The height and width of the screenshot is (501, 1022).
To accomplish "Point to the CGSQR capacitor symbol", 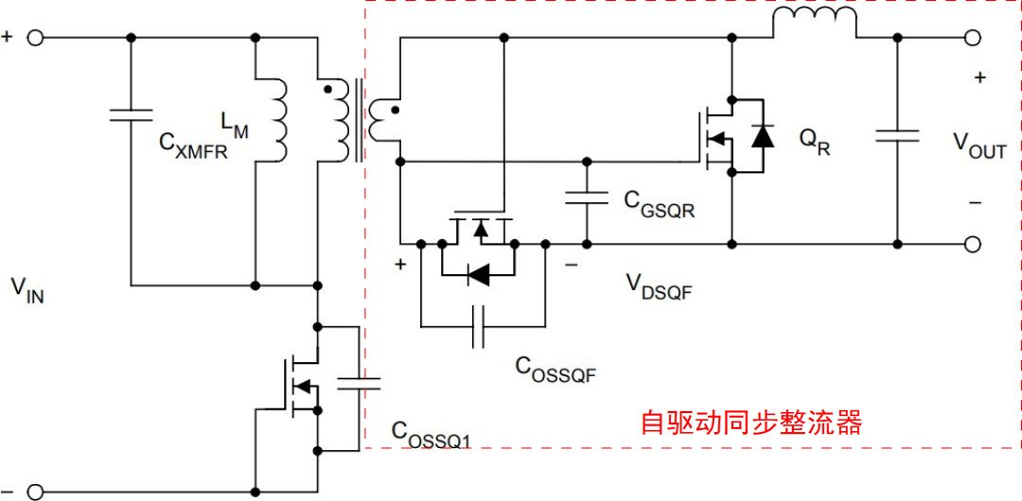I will pos(587,198).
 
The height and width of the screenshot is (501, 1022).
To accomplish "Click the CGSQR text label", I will pos(659,204).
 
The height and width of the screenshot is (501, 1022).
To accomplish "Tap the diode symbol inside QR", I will pos(761,135).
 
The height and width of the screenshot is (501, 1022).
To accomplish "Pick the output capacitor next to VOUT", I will pos(896,135).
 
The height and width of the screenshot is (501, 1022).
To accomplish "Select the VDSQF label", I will pos(659,285).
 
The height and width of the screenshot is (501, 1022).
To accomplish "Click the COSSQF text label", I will pos(555,369).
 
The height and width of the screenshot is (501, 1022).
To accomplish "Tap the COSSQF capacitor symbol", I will pos(479,325).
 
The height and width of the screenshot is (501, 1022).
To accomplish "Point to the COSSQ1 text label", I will pos(431,433).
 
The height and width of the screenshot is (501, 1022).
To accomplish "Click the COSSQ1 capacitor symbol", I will pos(361,383).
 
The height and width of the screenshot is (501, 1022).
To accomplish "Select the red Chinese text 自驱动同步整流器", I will pos(751,423).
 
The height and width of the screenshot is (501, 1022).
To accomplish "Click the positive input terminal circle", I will pos(35,38).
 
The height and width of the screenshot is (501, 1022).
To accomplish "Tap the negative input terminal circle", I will pos(35,492).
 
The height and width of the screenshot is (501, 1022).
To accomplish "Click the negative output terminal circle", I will pos(972,244).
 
